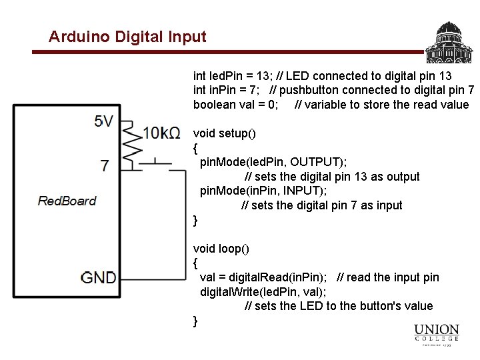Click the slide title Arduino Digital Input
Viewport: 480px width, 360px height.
click(x=127, y=36)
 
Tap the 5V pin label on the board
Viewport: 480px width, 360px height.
click(x=103, y=121)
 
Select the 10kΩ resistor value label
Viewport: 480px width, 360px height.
click(x=161, y=133)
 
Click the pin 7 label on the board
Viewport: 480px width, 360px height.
click(x=105, y=165)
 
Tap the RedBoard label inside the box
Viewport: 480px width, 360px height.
click(x=67, y=201)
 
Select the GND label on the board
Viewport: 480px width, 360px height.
click(x=99, y=277)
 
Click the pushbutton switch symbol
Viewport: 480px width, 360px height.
click(x=155, y=162)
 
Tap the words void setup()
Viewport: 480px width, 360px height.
click(x=224, y=133)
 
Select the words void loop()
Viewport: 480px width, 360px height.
click(x=221, y=249)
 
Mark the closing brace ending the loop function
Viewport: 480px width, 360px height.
click(x=195, y=321)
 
